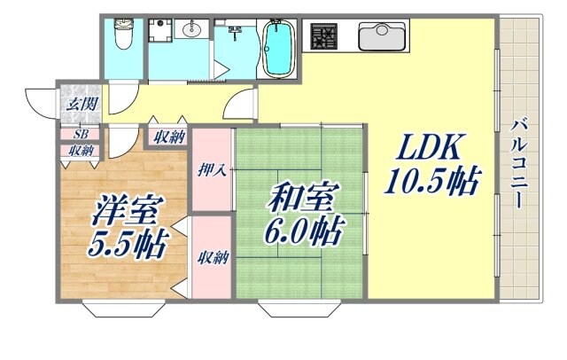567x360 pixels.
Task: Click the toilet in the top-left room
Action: [x=123, y=35]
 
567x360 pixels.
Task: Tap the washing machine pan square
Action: [x=160, y=33]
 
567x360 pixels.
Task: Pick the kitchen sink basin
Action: [x=382, y=37]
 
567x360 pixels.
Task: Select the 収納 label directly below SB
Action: [x=81, y=150]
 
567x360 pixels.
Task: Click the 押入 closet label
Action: [x=214, y=168]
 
